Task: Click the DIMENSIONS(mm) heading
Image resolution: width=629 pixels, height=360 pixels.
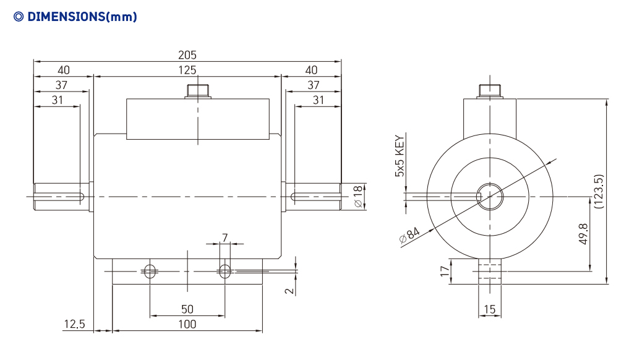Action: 75,17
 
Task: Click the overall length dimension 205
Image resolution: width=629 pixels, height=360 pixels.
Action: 187,55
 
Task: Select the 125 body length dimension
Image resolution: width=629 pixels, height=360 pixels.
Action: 187,71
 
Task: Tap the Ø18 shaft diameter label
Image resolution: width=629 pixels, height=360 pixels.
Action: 358,196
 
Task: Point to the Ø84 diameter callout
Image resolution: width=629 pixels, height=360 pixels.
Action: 409,235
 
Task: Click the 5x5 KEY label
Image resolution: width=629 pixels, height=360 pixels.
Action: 400,156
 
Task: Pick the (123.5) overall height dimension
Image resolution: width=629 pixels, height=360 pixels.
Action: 598,191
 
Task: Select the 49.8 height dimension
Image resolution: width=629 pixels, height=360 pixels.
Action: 583,234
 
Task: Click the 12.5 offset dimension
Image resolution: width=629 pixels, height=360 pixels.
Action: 75,324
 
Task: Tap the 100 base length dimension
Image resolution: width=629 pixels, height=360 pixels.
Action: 187,324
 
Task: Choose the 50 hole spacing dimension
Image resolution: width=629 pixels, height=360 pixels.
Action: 187,309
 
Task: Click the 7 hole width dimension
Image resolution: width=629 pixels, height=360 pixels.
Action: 225,238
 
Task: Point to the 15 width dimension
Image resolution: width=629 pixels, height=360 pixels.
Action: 489,309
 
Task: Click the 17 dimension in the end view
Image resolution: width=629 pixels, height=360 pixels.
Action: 445,272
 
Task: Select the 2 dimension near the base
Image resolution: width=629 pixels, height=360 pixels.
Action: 289,291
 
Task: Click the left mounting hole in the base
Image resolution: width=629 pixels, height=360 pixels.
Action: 150,272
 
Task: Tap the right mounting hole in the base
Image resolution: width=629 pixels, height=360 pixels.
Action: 225,272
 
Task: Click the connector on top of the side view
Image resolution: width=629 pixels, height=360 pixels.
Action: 198,92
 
